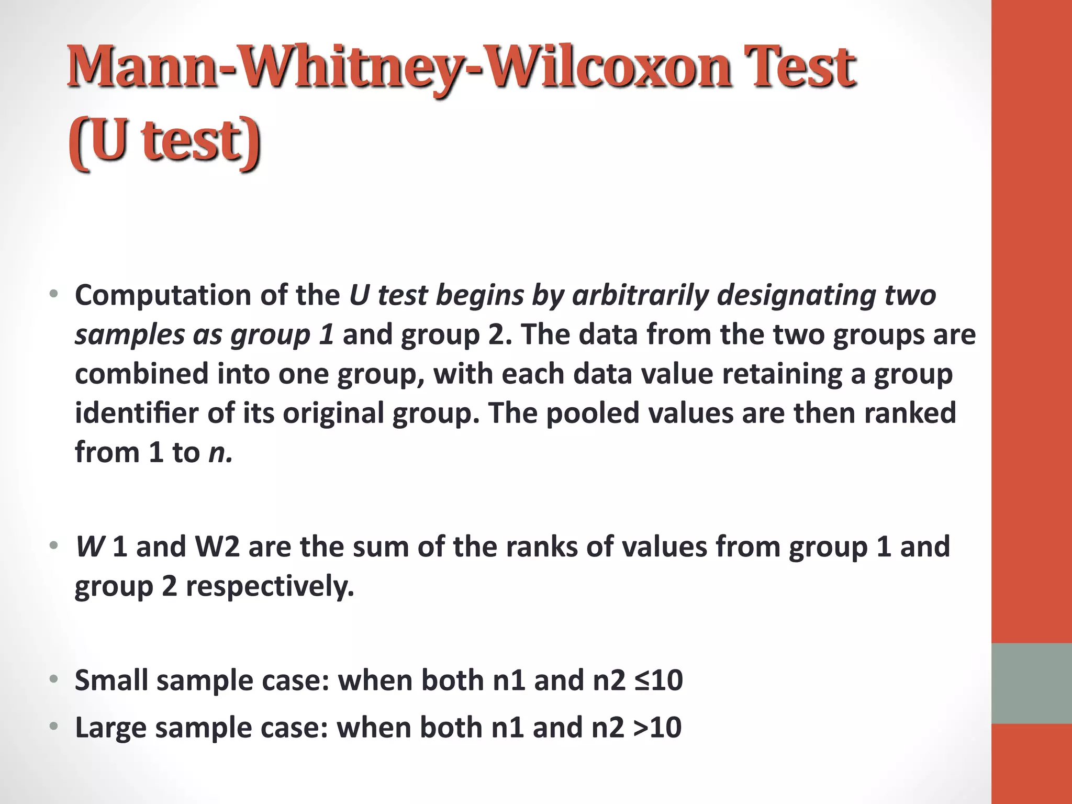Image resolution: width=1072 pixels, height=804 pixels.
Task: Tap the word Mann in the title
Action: [141, 68]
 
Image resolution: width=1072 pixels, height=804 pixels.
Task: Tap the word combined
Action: [142, 374]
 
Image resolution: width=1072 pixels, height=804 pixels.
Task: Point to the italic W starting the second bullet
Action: [90, 547]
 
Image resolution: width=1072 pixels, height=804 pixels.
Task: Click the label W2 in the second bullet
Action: [217, 547]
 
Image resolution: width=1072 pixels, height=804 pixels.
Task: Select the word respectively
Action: [270, 587]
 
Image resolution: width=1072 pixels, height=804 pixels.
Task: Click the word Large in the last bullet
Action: [110, 728]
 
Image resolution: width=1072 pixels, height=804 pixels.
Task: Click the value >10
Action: [657, 728]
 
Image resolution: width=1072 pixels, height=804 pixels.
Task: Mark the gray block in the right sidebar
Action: [1031, 683]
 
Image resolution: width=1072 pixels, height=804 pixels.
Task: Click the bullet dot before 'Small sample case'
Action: [53, 679]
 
